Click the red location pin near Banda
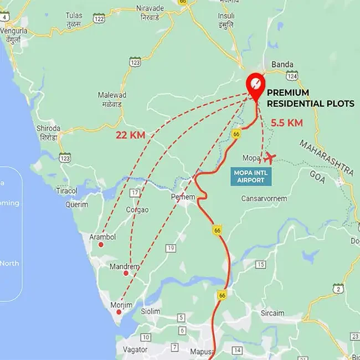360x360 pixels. coord(255,85)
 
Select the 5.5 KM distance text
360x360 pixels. coord(286,123)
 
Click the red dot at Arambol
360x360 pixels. coord(101,245)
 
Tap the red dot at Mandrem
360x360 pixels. coord(126,273)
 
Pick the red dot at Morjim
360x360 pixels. coord(119,312)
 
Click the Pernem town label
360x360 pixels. coord(183,197)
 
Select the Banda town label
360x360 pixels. coord(282,64)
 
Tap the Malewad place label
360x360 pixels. coord(112,95)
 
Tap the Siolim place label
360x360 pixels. coord(150,312)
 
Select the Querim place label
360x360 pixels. coord(76,204)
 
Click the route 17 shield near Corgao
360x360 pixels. coord(134,193)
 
